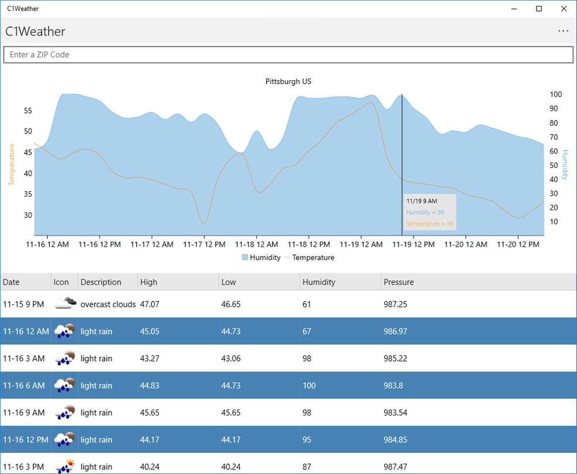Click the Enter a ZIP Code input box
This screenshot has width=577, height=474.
pyautogui.click(x=288, y=54)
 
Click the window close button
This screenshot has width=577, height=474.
pyautogui.click(x=564, y=9)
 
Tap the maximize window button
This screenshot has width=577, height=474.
pyautogui.click(x=539, y=9)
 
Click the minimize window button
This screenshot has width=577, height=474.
pyautogui.click(x=514, y=9)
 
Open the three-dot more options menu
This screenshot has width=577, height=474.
pyautogui.click(x=563, y=31)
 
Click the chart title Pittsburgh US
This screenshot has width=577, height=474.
pyautogui.click(x=288, y=81)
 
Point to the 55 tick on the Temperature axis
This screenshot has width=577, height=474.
pyautogui.click(x=28, y=111)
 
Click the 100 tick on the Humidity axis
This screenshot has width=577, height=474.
pyautogui.click(x=555, y=94)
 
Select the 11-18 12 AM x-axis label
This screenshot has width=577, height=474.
pyautogui.click(x=257, y=245)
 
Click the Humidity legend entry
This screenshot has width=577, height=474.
pyautogui.click(x=261, y=257)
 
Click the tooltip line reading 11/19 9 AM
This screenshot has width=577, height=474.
pyautogui.click(x=421, y=201)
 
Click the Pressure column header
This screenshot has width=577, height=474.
pyautogui.click(x=399, y=282)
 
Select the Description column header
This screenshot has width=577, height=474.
pyautogui.click(x=101, y=282)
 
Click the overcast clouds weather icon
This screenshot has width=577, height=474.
pyautogui.click(x=65, y=303)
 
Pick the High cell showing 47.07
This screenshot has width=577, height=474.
pyautogui.click(x=150, y=304)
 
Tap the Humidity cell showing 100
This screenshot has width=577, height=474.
pyautogui.click(x=309, y=386)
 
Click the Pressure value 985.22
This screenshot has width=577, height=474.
pyautogui.click(x=395, y=358)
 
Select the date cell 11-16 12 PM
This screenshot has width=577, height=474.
pyautogui.click(x=25, y=439)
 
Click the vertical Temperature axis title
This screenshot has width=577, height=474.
pyautogui.click(x=12, y=164)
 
